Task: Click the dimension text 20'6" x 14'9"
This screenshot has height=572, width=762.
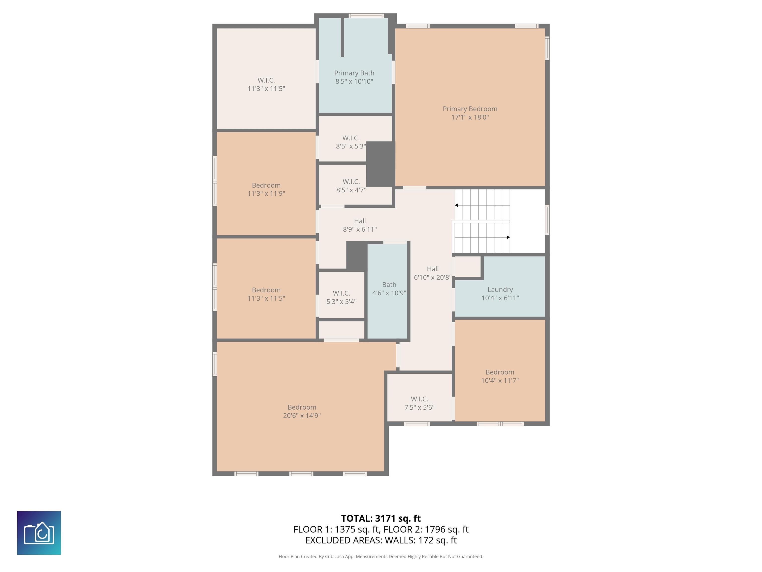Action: tap(302, 415)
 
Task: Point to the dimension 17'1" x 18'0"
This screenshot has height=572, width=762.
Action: tap(470, 117)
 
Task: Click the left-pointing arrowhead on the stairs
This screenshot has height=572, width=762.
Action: tap(456, 205)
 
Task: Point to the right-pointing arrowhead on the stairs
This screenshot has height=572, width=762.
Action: tap(508, 237)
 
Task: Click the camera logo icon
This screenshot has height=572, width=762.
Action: tap(39, 533)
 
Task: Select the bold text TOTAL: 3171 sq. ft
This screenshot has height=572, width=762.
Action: tap(381, 518)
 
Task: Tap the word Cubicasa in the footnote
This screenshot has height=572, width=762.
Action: tap(339, 557)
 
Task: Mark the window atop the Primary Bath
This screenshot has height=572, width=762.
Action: tap(366, 15)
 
